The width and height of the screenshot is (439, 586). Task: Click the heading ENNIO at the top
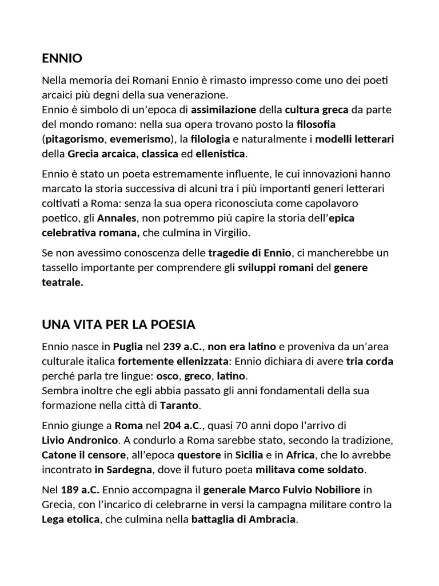62,58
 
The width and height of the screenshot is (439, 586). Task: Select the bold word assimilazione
224,109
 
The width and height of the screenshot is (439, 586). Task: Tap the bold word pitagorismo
74,139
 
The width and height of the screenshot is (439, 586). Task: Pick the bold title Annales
117,218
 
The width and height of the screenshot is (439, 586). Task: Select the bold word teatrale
62,282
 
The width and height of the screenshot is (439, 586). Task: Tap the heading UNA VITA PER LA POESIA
118,324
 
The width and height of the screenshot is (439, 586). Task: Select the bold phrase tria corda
370,361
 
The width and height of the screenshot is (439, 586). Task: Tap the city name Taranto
179,406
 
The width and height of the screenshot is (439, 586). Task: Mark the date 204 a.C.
179,426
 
